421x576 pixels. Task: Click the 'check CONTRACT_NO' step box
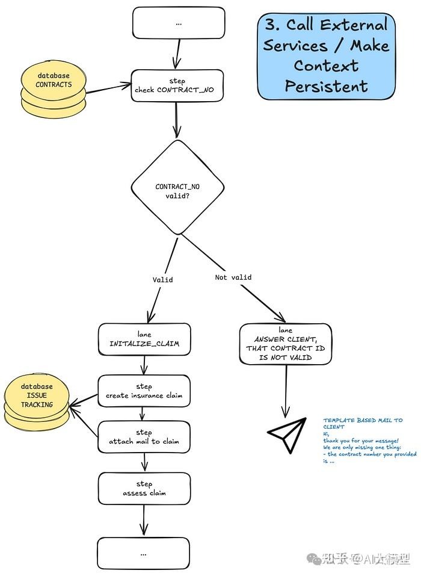pyautogui.click(x=177, y=85)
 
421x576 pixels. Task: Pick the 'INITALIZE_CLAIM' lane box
pyautogui.click(x=144, y=339)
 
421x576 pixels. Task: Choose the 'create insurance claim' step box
pyautogui.click(x=144, y=391)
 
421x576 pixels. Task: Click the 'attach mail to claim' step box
pyautogui.click(x=144, y=437)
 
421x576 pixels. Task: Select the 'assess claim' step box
pyautogui.click(x=144, y=489)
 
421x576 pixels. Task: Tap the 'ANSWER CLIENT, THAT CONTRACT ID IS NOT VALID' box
pyautogui.click(x=286, y=344)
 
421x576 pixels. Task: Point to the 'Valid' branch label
pyautogui.click(x=162, y=280)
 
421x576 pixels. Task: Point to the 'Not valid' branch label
pyautogui.click(x=233, y=277)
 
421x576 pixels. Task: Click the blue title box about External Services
pyautogui.click(x=327, y=55)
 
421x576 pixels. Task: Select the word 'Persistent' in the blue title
pyautogui.click(x=327, y=85)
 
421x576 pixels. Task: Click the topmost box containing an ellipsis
pyautogui.click(x=179, y=23)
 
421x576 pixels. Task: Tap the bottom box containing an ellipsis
pyautogui.click(x=144, y=552)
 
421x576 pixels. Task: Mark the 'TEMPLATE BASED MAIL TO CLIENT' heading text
pyautogui.click(x=363, y=423)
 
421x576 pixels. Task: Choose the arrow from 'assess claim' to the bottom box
pyautogui.click(x=144, y=519)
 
